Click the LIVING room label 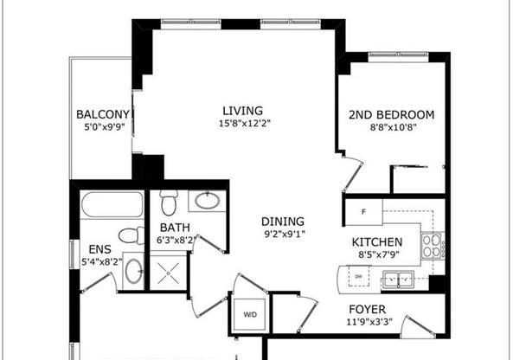coord(243,111)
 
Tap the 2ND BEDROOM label coord(392,115)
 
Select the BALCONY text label coord(103,114)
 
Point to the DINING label coord(283,222)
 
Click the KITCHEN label coord(377,242)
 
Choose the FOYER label coord(368,309)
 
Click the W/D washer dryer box coord(250,314)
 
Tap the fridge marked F coord(364,212)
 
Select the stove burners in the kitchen coord(431,246)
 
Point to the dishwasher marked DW coord(358,276)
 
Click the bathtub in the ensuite coord(112,205)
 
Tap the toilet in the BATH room coord(169,202)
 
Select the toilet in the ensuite coord(131,235)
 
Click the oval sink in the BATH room coord(207,201)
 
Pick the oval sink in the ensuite coord(134,271)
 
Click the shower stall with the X coord(168,273)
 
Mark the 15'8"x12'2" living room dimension coord(245,124)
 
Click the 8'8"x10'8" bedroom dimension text coord(393,127)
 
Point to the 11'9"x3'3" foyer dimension coord(369,322)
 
